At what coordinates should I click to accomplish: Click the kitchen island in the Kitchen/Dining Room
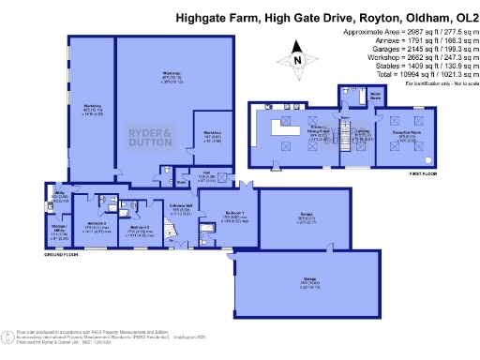[278, 126]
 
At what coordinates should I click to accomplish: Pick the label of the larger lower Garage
[297, 279]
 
